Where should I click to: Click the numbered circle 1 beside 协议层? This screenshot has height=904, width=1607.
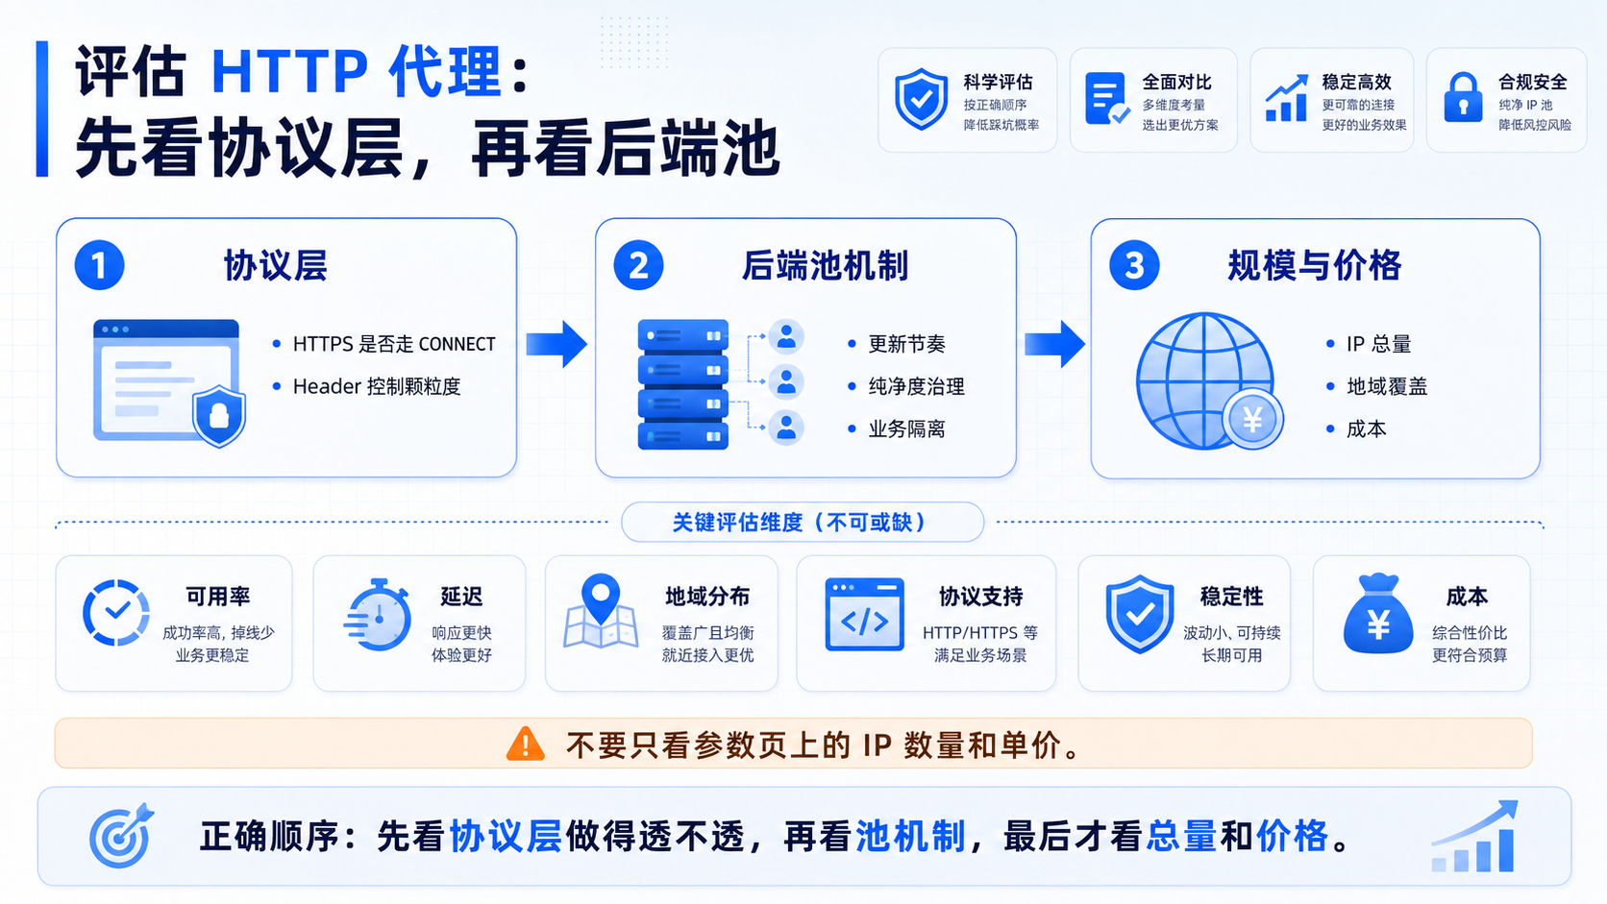tap(99, 265)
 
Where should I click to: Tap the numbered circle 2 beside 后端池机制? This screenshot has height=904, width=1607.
tap(638, 265)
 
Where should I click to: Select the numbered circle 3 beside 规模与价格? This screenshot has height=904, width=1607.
tap(1133, 265)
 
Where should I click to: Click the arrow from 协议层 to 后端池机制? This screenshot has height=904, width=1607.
tap(556, 344)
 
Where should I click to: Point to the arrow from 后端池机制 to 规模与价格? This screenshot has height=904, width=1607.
tap(1054, 344)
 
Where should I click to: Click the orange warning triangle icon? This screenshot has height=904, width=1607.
tap(525, 744)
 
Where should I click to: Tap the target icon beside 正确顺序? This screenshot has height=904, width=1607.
tap(121, 835)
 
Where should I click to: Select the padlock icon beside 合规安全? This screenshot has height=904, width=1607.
tap(1463, 97)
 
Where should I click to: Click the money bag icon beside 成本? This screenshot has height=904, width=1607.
tap(1377, 614)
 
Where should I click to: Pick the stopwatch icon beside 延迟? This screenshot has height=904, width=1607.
tap(378, 615)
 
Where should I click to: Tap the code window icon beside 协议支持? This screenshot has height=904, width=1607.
tap(864, 615)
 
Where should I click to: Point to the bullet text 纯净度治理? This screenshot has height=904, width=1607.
tap(916, 387)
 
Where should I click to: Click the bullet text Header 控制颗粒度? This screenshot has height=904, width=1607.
tap(377, 387)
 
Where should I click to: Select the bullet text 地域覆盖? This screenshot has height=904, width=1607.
tap(1387, 387)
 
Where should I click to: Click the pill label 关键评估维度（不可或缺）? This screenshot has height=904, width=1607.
tap(803, 522)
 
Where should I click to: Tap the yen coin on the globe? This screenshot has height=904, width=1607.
tap(1252, 420)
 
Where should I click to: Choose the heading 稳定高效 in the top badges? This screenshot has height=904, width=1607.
tap(1356, 82)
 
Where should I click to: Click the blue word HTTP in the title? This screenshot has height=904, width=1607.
tap(290, 71)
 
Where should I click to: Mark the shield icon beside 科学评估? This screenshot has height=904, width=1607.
tap(921, 99)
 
